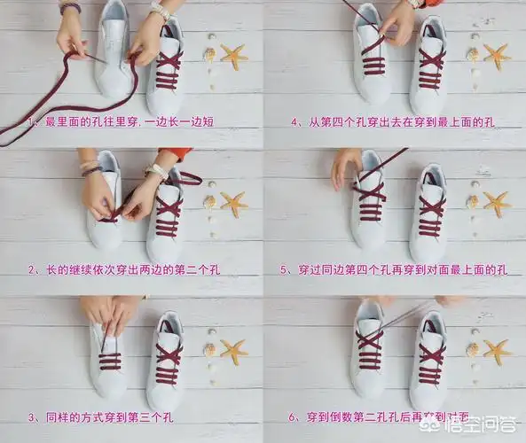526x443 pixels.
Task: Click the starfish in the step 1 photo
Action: coord(234,58)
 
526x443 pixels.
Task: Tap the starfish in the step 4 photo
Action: coord(496,56)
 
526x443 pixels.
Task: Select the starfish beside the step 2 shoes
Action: coord(233,204)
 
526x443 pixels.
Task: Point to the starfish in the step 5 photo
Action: coord(496,204)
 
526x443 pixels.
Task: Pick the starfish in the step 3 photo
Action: coord(233,352)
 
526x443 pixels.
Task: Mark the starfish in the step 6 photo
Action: coord(496,352)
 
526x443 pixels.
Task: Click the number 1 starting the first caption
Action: coord(32,120)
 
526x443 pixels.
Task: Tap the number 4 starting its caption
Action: coord(294,120)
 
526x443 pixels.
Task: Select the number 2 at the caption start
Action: coord(32,268)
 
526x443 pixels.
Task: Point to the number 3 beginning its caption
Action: coord(32,416)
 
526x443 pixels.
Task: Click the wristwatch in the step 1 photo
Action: coord(161,12)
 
